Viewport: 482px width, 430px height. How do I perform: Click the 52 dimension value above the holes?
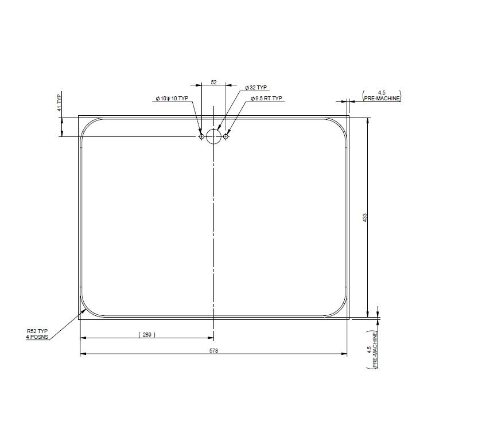213,83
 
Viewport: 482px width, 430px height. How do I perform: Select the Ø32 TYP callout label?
256,88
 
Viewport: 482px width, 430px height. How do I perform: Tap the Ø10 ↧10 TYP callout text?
172,99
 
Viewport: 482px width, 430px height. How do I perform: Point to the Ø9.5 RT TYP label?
267,99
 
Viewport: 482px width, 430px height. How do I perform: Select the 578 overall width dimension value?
213,350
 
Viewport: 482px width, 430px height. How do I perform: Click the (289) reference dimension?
147,334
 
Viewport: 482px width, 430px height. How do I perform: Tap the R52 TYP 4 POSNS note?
37,334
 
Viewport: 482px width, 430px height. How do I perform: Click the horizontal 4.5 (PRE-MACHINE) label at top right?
382,96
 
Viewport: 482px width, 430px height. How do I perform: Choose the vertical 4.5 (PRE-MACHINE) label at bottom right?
374,349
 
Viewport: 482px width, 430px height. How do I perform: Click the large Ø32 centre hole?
213,136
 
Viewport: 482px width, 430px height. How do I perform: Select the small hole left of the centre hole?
201,136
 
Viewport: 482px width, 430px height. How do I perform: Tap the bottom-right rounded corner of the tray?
339,309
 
